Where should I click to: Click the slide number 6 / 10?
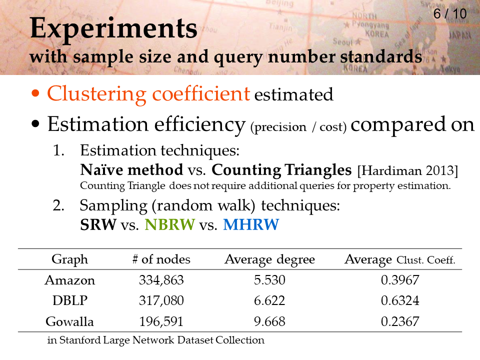(x=450, y=14)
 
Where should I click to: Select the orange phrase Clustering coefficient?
(x=148, y=94)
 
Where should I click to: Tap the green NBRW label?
(x=169, y=224)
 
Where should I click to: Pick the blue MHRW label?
(x=251, y=224)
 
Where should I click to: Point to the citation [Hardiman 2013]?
(x=407, y=170)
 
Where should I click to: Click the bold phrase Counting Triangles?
(x=281, y=170)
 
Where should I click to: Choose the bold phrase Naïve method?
(x=131, y=169)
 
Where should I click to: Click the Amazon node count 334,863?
(x=161, y=280)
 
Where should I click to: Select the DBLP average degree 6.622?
(x=269, y=300)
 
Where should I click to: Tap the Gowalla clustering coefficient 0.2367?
(x=400, y=321)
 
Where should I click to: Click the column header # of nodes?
(x=161, y=259)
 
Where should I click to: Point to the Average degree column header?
(x=269, y=260)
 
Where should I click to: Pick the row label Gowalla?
(x=70, y=321)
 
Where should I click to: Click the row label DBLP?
(x=70, y=300)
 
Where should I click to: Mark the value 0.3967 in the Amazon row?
(x=400, y=280)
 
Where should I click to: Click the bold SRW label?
(x=98, y=224)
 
